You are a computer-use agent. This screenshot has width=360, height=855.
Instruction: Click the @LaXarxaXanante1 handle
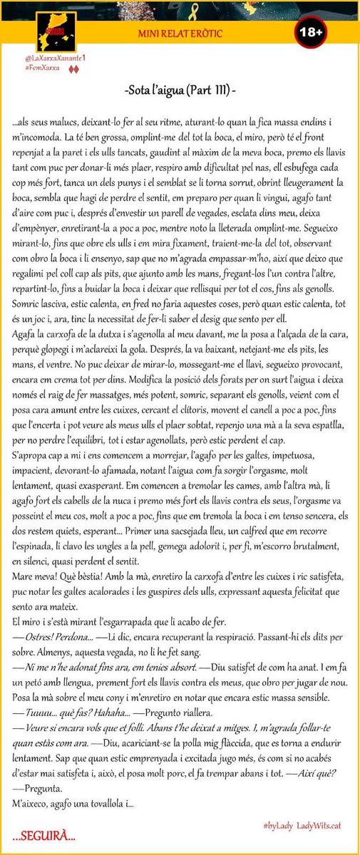pos(43,58)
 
